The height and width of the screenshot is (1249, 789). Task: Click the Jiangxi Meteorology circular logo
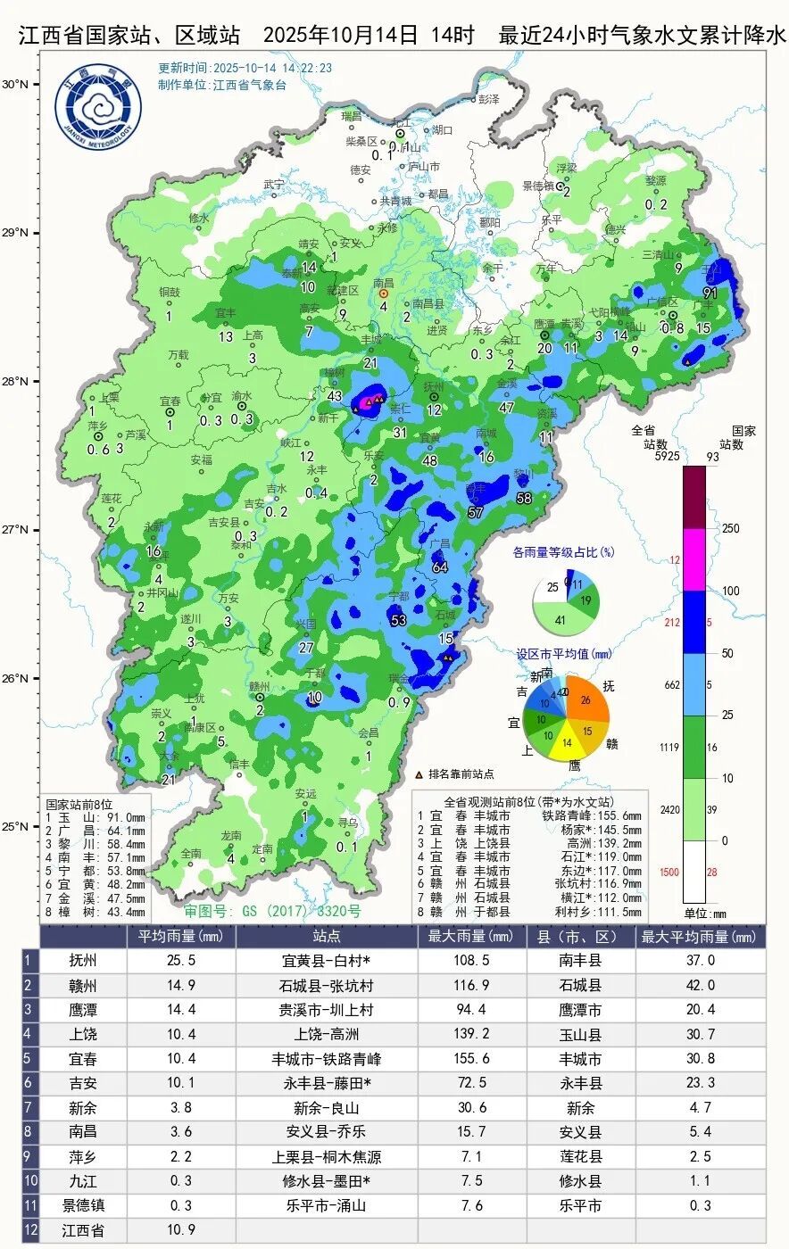click(x=97, y=106)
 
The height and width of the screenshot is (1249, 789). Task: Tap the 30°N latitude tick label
click(x=15, y=85)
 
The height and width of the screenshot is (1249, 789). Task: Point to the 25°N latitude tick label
click(x=15, y=826)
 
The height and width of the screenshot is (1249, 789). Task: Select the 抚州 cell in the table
click(x=83, y=961)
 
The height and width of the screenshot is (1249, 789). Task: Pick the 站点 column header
click(x=326, y=937)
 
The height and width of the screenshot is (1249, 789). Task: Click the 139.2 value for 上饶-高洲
click(x=471, y=1035)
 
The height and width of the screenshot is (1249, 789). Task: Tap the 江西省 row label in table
click(x=83, y=1231)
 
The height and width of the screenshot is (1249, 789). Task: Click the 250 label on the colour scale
click(x=731, y=529)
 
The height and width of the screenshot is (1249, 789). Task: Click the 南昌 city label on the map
click(x=384, y=283)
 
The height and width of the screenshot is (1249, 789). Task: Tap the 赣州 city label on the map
click(x=259, y=686)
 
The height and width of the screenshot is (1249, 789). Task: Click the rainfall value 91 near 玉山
click(x=710, y=293)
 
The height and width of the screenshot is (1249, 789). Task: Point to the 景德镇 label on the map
click(x=539, y=186)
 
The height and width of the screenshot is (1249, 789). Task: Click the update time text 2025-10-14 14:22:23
click(x=245, y=68)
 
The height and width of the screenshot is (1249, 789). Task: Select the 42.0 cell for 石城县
click(x=700, y=986)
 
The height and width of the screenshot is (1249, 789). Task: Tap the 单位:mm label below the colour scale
click(x=705, y=913)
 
